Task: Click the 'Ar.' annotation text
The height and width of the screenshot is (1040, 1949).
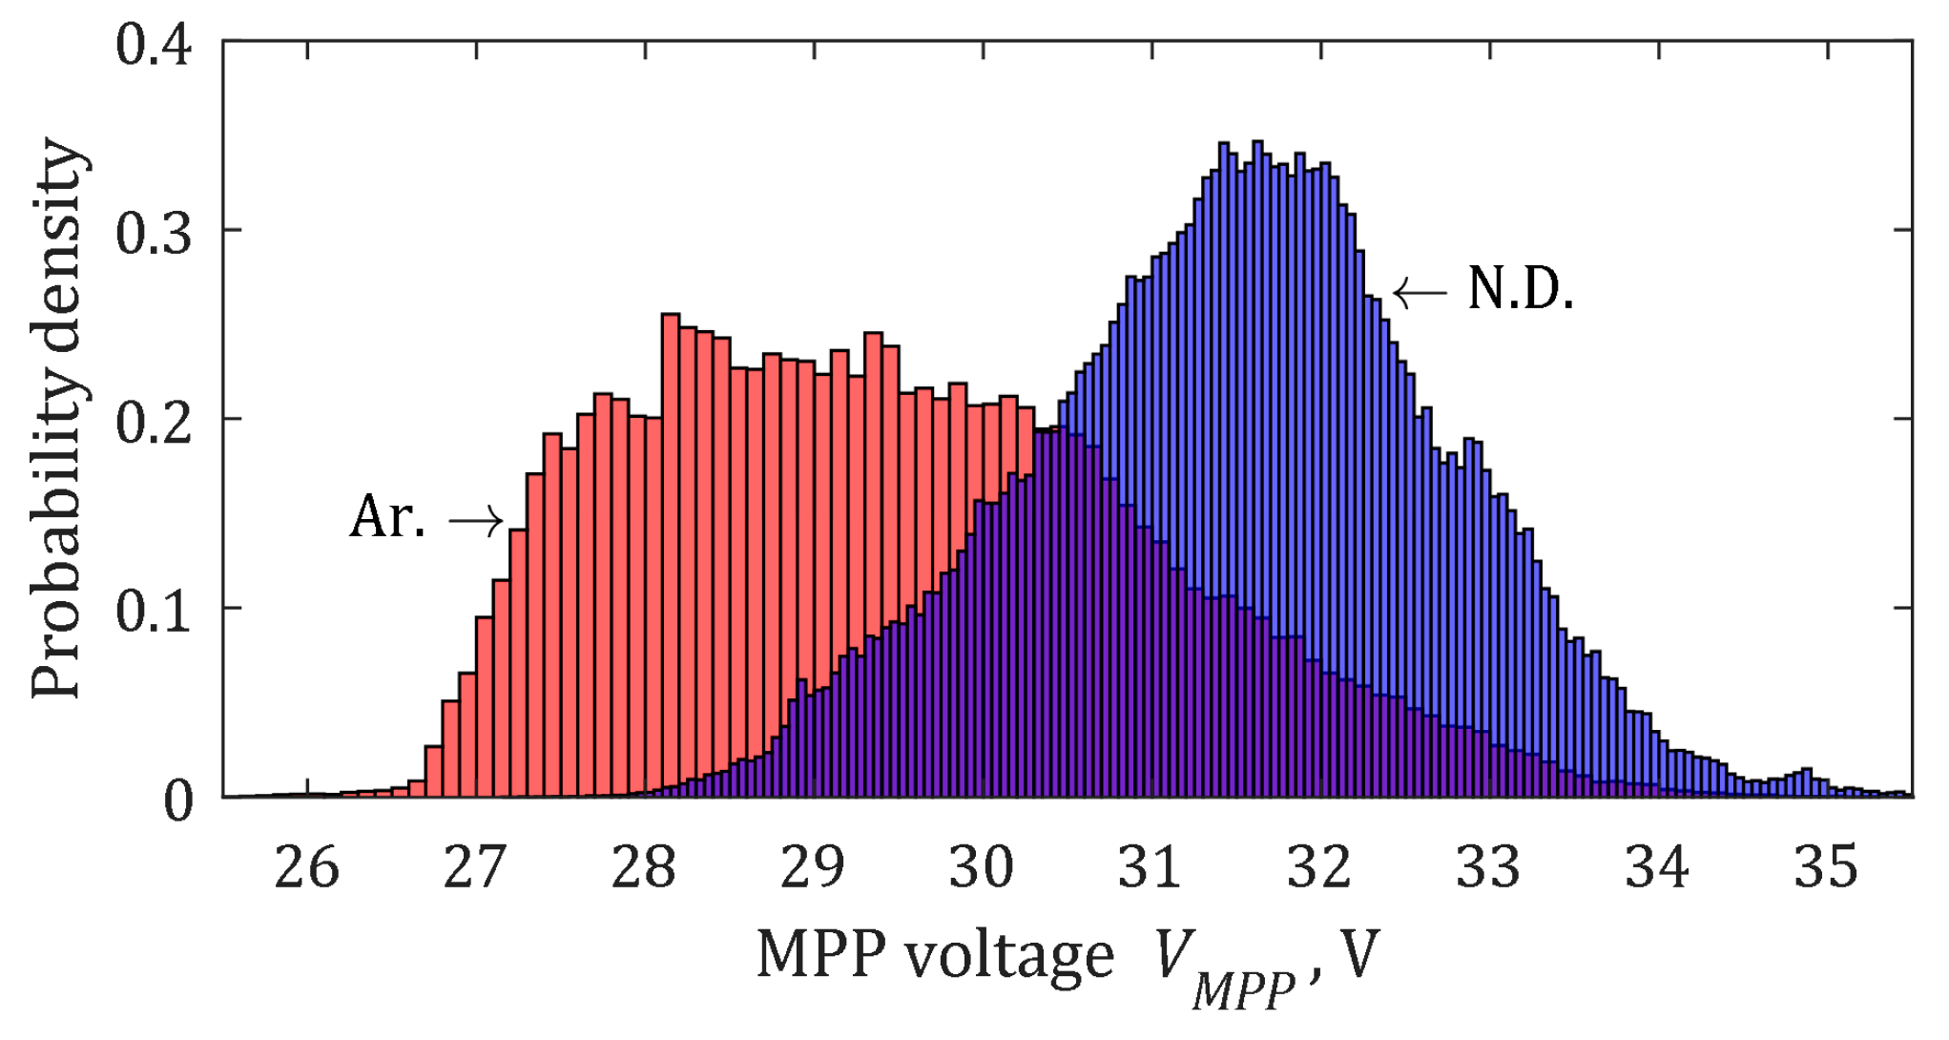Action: tap(387, 518)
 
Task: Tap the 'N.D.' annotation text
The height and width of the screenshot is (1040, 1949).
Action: tap(1520, 289)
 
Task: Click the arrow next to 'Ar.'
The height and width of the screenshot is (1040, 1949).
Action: tap(476, 521)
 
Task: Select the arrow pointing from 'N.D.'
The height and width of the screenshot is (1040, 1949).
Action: tap(1420, 292)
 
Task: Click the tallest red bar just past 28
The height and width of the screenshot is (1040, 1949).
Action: tap(671, 553)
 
